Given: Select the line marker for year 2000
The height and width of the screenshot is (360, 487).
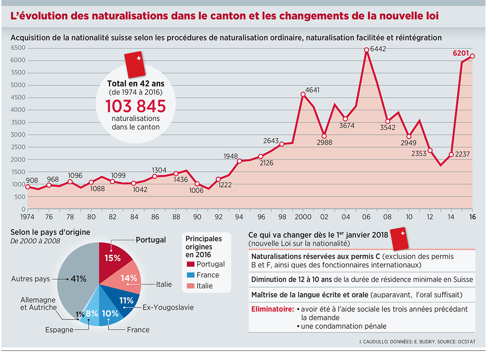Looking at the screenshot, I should click(x=303, y=94).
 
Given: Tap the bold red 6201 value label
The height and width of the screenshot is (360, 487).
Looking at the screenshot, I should click(x=461, y=54).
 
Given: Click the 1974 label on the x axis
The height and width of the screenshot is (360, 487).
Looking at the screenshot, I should click(x=28, y=216).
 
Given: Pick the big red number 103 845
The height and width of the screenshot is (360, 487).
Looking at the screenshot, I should click(x=135, y=106).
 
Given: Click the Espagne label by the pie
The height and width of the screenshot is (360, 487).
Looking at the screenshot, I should click(x=60, y=330).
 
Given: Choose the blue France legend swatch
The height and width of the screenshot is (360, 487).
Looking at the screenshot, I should click(x=190, y=275).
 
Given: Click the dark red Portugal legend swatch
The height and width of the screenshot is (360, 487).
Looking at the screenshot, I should click(x=190, y=264).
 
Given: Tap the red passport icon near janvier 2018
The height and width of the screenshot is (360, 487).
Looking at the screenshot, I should click(x=400, y=239).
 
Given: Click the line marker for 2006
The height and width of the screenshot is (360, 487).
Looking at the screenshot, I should click(x=366, y=50).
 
